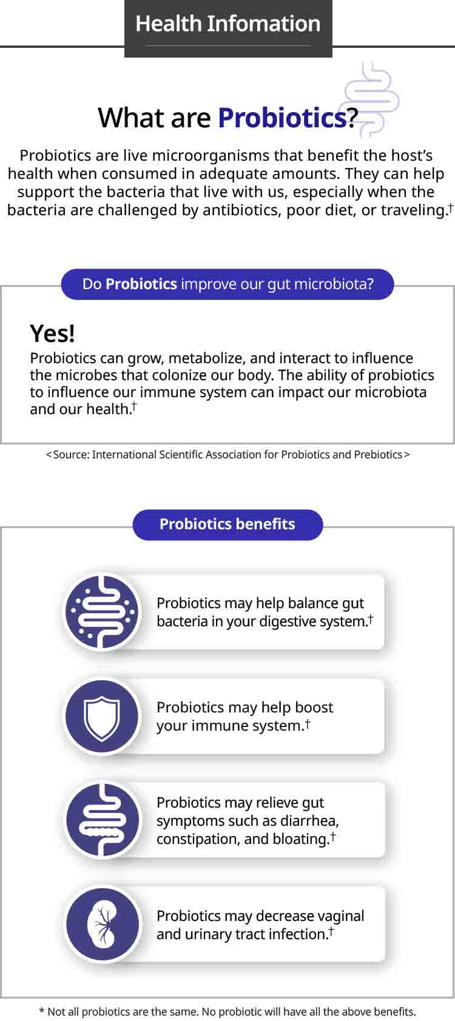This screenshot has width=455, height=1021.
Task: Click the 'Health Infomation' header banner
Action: pos(228,28)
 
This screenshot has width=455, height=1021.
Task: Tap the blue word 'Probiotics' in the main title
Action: pos(282,118)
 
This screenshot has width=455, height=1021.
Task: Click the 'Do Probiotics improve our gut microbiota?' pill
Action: pos(227,284)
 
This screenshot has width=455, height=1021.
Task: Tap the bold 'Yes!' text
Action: pos(52,333)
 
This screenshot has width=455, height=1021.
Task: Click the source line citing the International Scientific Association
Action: pos(227,455)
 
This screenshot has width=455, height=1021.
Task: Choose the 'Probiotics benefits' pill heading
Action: pos(227,524)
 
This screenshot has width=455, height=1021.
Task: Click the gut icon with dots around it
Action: pos(102,612)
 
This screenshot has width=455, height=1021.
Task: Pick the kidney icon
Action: pos(103,925)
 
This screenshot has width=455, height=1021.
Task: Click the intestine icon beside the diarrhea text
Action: pos(103,820)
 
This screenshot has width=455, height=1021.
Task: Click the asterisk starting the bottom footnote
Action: pos(41,1011)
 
